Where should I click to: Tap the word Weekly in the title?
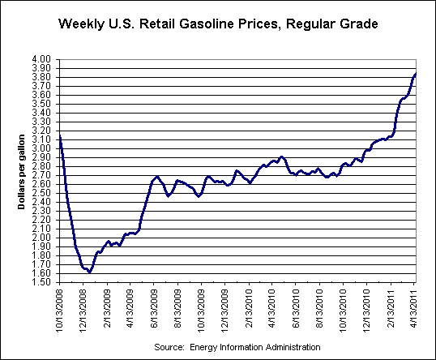tap(81, 25)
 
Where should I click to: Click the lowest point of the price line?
tap(89, 272)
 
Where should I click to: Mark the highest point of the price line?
tap(416, 74)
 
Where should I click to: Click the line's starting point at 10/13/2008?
tap(60, 136)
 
